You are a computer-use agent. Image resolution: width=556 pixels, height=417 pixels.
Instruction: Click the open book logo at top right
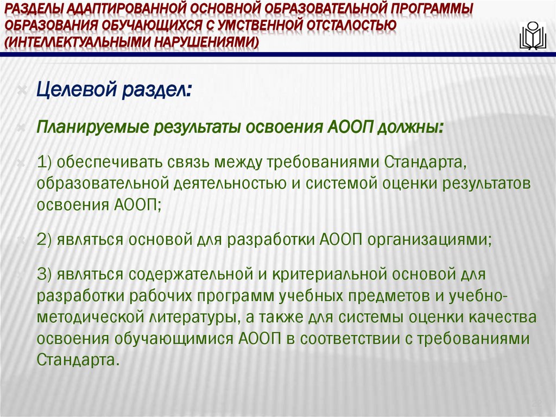[532, 36]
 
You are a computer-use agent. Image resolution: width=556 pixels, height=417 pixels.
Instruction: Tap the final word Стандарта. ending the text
[78, 359]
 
